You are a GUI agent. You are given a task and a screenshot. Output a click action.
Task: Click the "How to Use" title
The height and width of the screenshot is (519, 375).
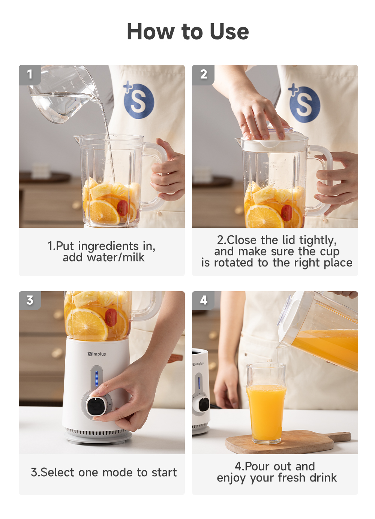pos(187,31)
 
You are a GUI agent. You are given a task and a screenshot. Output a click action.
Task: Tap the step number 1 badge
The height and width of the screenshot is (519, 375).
pos(30,74)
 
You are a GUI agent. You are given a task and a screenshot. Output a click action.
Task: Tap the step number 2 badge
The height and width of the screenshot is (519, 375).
pos(203,74)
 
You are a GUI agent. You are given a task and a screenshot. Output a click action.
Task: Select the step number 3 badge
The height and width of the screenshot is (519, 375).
pos(30,300)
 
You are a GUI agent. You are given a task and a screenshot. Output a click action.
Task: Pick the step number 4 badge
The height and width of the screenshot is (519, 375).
pos(203,300)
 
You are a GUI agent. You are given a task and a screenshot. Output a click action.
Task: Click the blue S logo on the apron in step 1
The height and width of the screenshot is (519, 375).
pos(138,100)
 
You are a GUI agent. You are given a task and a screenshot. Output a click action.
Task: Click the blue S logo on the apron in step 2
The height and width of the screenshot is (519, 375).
pos(304,103)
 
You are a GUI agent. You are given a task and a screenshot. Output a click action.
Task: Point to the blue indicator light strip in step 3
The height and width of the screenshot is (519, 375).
pos(96,378)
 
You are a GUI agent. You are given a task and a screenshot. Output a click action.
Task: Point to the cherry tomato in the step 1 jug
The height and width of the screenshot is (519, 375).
pos(122,208)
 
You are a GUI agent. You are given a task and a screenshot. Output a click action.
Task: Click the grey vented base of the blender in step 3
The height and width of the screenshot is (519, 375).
pos(97,435)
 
